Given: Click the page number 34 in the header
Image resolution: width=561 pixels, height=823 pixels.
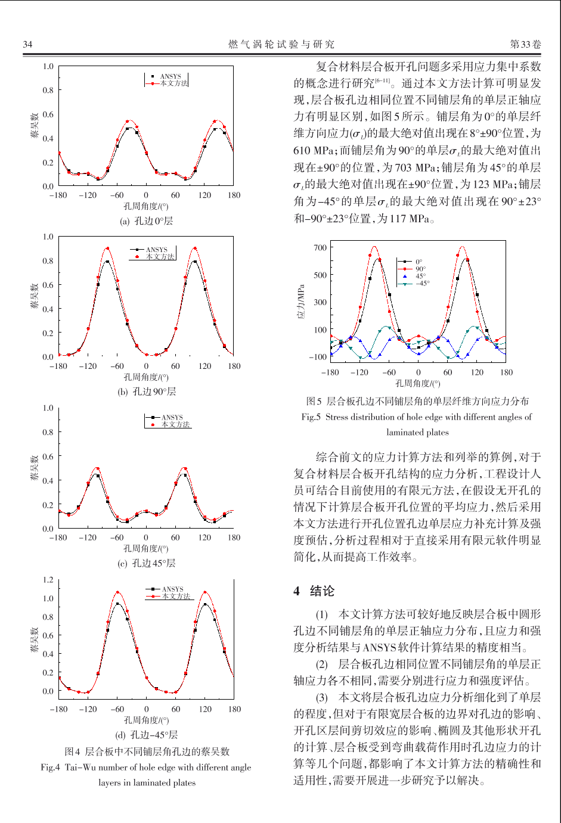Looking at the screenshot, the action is click(x=27, y=45).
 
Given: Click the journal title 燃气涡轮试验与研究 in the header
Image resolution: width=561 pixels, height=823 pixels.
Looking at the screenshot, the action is click(x=281, y=45).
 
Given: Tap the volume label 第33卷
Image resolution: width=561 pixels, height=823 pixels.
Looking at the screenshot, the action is click(x=525, y=44).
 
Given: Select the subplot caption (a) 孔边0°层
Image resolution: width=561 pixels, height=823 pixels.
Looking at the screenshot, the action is click(x=146, y=221).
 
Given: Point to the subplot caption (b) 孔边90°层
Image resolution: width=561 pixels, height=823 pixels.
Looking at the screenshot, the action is click(x=147, y=392).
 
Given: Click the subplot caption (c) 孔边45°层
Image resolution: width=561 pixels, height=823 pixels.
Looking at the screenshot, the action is click(x=146, y=563).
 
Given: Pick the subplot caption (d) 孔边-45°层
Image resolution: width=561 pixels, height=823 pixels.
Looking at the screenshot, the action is click(x=146, y=735).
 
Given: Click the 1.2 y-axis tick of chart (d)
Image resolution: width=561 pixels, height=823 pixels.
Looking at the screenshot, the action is click(x=48, y=580).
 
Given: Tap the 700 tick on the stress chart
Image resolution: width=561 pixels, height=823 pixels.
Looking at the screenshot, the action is click(x=320, y=248).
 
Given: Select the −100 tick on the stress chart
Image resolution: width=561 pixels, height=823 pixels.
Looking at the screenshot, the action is click(x=318, y=356).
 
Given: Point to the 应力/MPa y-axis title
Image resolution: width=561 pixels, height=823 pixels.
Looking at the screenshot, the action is click(x=301, y=302).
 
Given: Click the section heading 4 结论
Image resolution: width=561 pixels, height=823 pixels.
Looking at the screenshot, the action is click(x=314, y=591).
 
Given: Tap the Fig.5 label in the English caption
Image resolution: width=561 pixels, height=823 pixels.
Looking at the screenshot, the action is click(x=311, y=417).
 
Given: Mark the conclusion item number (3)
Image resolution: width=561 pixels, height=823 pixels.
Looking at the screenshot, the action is click(x=322, y=697).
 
